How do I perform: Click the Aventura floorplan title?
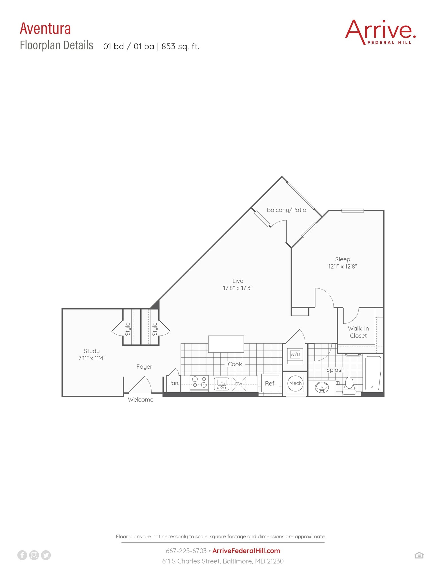45,29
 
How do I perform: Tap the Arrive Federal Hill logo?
380,32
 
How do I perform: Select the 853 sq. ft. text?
180,46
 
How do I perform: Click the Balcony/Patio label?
286,210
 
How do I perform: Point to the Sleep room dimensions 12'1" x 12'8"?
342,266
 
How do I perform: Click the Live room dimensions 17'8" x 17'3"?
238,288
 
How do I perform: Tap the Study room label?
92,351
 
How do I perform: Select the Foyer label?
144,367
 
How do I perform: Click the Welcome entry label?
141,400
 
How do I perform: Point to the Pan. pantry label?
174,383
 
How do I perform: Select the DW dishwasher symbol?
239,384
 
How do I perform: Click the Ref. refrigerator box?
270,383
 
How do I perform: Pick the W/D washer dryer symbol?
295,355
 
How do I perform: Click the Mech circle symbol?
295,383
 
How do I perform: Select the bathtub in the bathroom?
373,373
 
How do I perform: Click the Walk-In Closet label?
358,332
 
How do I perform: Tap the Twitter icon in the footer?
46,555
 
